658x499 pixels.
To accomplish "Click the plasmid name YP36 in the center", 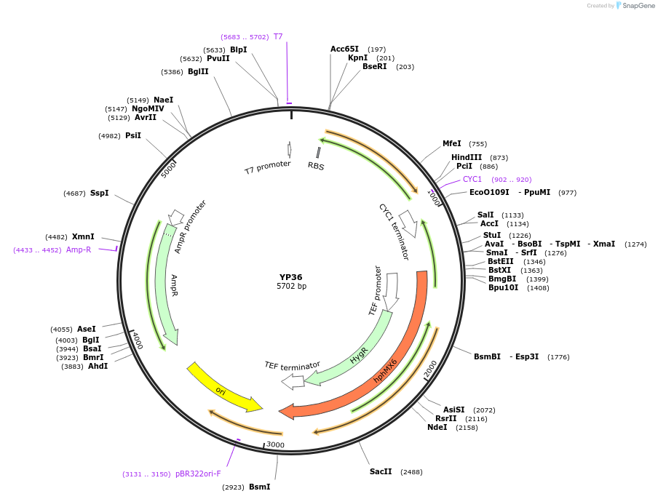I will coord(290,276).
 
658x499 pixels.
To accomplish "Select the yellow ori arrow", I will coord(223,386).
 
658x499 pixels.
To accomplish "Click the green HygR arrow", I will coord(357,356).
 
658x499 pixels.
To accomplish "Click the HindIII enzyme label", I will coord(467,157).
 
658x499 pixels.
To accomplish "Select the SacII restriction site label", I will coord(381,471).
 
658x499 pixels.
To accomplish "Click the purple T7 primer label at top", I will coord(278,36).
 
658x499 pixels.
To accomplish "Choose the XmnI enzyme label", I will coord(82,236).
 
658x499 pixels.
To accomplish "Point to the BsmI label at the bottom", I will coord(259,487).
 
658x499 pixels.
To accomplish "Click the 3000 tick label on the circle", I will coord(275,444).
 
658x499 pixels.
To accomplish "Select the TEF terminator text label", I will coord(292,365).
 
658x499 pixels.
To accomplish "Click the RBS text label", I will coord(316,166).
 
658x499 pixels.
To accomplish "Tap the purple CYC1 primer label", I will coord(472,179).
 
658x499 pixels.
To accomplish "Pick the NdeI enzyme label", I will coord(437,427).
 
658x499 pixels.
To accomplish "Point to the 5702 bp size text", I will coord(291,287).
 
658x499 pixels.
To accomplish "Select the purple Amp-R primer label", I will coord(79,249).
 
